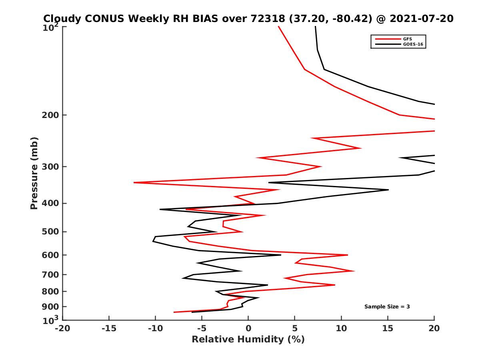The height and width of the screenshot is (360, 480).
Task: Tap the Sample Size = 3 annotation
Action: [x=387, y=307]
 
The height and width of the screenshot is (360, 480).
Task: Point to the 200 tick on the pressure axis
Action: [x=51, y=115]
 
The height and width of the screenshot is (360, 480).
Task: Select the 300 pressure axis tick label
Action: [x=51, y=166]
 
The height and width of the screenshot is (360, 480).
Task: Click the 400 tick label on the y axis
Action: [x=51, y=203]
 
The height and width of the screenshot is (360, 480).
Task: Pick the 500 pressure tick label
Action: [x=51, y=232]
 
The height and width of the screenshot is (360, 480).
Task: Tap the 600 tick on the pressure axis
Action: [x=51, y=255]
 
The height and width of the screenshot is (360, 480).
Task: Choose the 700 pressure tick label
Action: [x=51, y=274]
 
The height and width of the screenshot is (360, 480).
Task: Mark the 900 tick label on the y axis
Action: [x=51, y=306]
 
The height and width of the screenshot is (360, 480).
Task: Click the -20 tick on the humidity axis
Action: [x=62, y=329]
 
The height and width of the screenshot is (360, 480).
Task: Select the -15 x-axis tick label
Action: [x=109, y=329]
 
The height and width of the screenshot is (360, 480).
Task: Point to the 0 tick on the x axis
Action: [x=248, y=329]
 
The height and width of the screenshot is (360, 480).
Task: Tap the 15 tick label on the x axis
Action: [x=388, y=329]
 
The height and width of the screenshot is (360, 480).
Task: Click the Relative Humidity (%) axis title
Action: [x=248, y=340]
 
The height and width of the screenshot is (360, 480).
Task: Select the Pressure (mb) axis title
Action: [x=34, y=173]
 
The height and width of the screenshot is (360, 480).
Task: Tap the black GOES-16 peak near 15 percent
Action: [x=388, y=190]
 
